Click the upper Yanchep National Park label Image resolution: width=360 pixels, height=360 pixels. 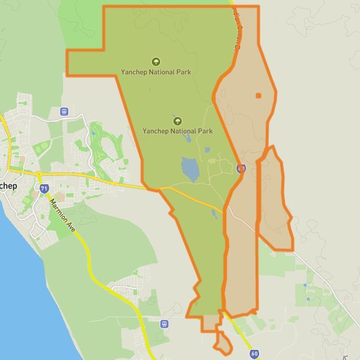[x=155, y=72]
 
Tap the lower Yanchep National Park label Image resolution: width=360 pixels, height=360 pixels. [x=177, y=130]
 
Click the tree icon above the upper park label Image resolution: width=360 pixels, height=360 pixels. [x=156, y=61]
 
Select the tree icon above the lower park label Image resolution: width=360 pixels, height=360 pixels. [x=177, y=121]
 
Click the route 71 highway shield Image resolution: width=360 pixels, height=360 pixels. [x=44, y=188]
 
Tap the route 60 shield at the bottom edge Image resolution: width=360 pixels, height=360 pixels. [x=254, y=354]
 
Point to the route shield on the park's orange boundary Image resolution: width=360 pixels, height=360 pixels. [x=241, y=169]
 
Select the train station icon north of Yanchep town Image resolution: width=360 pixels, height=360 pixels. [x=64, y=111]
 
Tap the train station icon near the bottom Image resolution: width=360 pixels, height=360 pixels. [x=164, y=324]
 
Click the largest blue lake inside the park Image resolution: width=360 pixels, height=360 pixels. [x=190, y=169]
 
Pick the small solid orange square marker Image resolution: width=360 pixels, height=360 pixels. [x=259, y=95]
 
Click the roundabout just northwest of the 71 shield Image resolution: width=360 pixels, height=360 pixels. [x=38, y=175]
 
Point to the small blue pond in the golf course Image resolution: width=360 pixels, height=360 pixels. [x=93, y=134]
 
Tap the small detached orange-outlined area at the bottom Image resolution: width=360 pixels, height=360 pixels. [x=223, y=344]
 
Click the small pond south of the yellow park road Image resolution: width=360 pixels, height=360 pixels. [x=215, y=214]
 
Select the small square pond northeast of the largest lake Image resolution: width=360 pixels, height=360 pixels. [x=208, y=150]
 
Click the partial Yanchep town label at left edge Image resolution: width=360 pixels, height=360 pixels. [x=7, y=185]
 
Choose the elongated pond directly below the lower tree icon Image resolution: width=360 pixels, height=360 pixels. [x=188, y=138]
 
